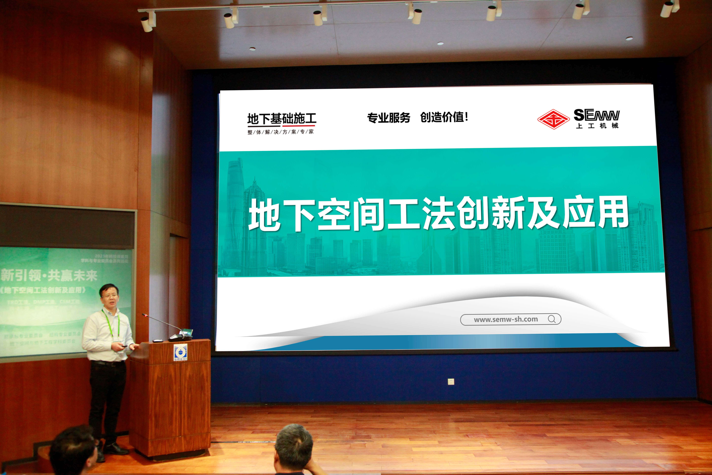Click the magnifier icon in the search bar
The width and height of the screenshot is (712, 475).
click(x=551, y=319)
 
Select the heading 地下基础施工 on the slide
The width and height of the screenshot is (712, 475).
click(x=282, y=118)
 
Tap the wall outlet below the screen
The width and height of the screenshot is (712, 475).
click(x=451, y=381)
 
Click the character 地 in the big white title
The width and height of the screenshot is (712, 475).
click(x=264, y=215)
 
